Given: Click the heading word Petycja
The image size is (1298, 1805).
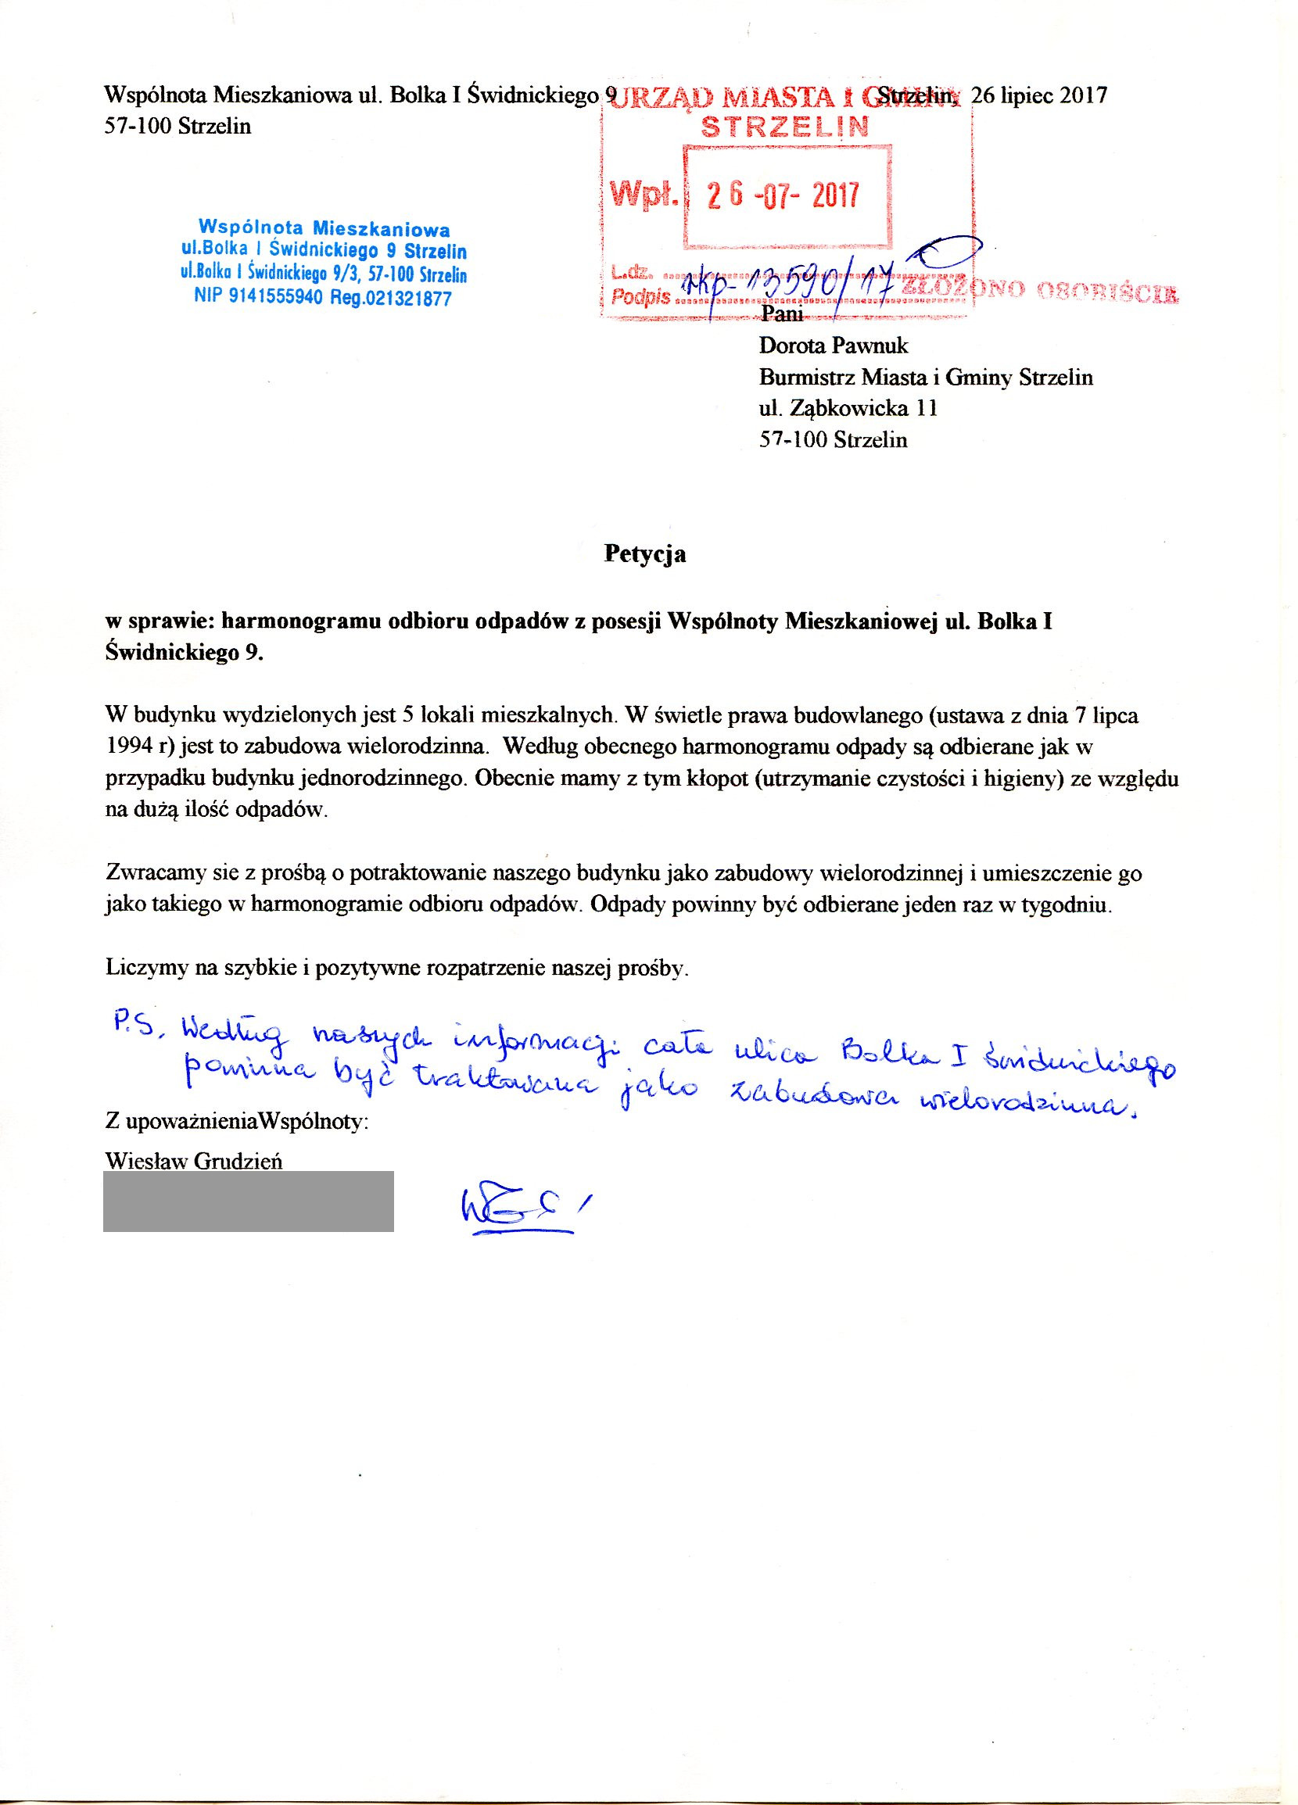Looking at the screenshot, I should [x=644, y=554].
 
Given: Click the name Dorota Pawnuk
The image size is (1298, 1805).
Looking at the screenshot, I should [x=834, y=346].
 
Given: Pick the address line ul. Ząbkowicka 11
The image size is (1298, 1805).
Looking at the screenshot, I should [x=848, y=408].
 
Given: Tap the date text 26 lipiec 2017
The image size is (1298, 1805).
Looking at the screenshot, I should [x=1038, y=95].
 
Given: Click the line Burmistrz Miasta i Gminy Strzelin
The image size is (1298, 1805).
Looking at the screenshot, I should [x=926, y=378].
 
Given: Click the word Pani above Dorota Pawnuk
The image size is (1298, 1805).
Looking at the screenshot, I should [x=783, y=314].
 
